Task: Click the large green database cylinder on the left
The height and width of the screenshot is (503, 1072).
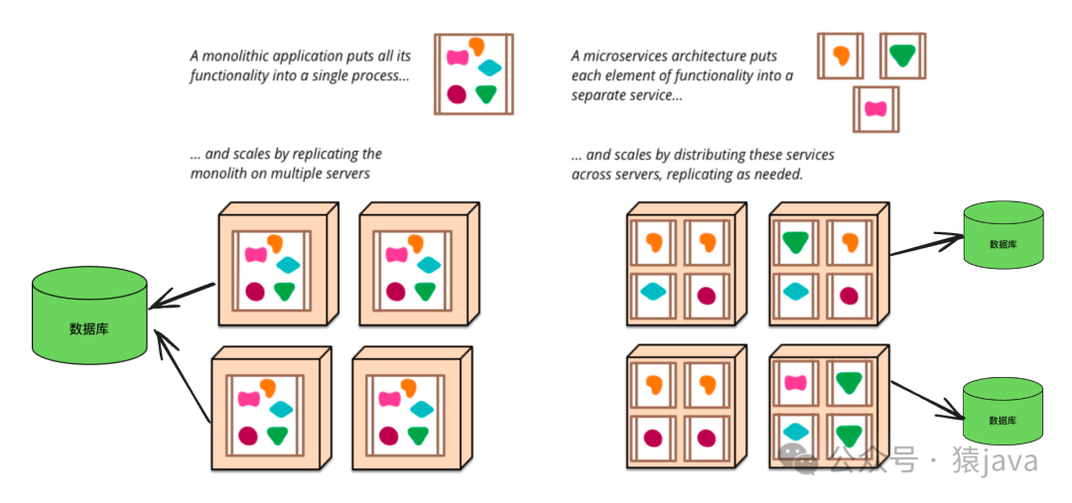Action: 89,315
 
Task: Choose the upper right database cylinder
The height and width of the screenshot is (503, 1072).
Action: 1003,234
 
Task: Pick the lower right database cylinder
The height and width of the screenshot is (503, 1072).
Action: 1003,411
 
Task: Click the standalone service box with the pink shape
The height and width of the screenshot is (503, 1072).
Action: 874,109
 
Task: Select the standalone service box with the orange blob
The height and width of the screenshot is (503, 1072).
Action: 840,57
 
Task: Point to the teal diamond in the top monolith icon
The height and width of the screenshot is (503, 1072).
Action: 489,68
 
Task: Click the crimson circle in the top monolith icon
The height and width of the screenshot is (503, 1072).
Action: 456,94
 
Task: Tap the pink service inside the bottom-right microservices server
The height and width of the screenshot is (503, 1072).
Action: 794,383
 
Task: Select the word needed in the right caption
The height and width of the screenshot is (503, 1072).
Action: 778,175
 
